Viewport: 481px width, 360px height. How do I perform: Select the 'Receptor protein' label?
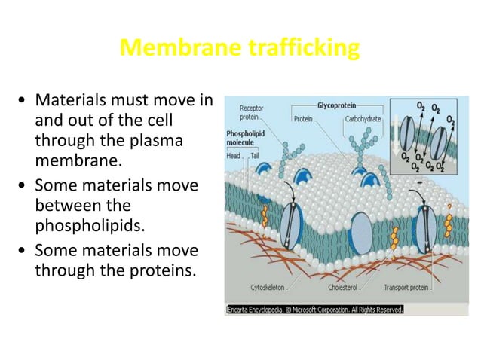click(252, 113)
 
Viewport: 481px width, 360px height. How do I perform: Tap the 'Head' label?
click(234, 155)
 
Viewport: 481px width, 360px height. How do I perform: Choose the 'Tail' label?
click(255, 155)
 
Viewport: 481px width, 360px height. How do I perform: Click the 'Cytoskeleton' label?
click(269, 287)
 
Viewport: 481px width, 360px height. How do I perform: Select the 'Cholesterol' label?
click(344, 287)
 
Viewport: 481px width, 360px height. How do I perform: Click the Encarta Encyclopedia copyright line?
click(315, 309)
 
